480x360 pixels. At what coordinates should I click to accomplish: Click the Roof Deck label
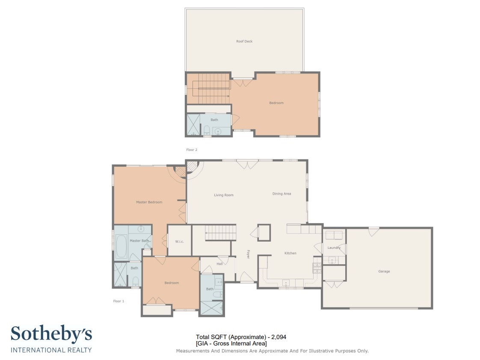click(x=244, y=41)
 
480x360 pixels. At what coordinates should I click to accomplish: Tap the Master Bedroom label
click(x=149, y=202)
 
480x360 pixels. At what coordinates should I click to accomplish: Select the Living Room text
click(x=223, y=195)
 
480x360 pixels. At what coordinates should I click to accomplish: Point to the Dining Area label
click(x=281, y=194)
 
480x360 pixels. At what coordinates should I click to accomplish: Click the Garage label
click(x=384, y=271)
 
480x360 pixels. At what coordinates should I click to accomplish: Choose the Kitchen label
click(x=290, y=253)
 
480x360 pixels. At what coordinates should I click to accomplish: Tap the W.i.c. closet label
click(x=179, y=242)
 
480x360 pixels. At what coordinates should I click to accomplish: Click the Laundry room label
click(x=334, y=248)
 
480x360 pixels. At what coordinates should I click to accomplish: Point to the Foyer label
click(x=248, y=254)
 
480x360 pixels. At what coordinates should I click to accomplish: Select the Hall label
click(x=219, y=264)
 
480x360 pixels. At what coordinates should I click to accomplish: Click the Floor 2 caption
click(x=192, y=150)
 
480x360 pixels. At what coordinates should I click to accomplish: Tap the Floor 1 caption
click(x=119, y=301)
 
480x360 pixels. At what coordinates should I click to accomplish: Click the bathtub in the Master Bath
click(x=121, y=247)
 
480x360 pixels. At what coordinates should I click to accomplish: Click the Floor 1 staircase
click(x=220, y=233)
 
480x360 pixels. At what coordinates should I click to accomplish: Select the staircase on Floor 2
click(x=214, y=89)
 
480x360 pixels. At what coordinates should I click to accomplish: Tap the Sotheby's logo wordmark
click(x=51, y=334)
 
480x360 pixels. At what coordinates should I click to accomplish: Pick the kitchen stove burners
click(x=317, y=268)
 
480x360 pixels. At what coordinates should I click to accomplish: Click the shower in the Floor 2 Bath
click(x=193, y=125)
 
